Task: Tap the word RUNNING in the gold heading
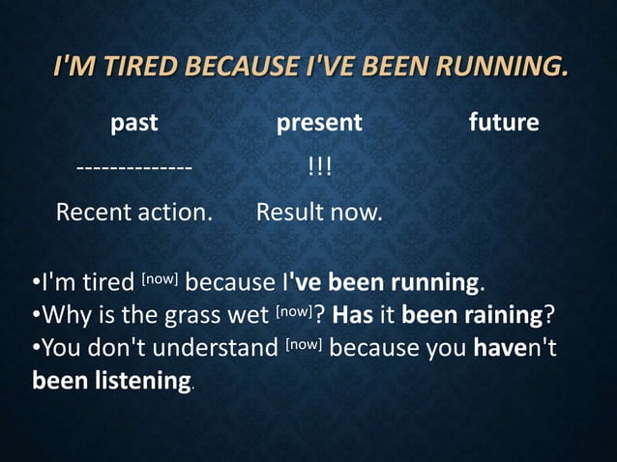[x=501, y=68]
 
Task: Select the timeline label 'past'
[x=134, y=123]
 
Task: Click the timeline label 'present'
[x=319, y=123]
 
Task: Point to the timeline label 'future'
[x=504, y=123]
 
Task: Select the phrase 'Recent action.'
[x=134, y=212]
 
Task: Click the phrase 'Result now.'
[x=319, y=212]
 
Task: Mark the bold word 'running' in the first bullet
[x=434, y=284]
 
